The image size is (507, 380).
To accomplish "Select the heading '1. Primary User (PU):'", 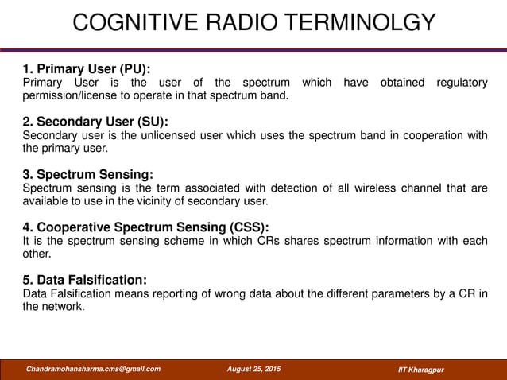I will coord(87,68).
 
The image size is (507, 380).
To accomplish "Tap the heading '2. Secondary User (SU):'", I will coord(95,122).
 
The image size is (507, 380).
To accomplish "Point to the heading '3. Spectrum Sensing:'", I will coord(87,174).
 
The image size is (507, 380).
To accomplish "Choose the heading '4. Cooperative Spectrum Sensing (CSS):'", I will coord(145,227).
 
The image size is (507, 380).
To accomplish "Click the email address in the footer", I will coord(93,369).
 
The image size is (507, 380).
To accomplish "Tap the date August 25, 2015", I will coord(253,369).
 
